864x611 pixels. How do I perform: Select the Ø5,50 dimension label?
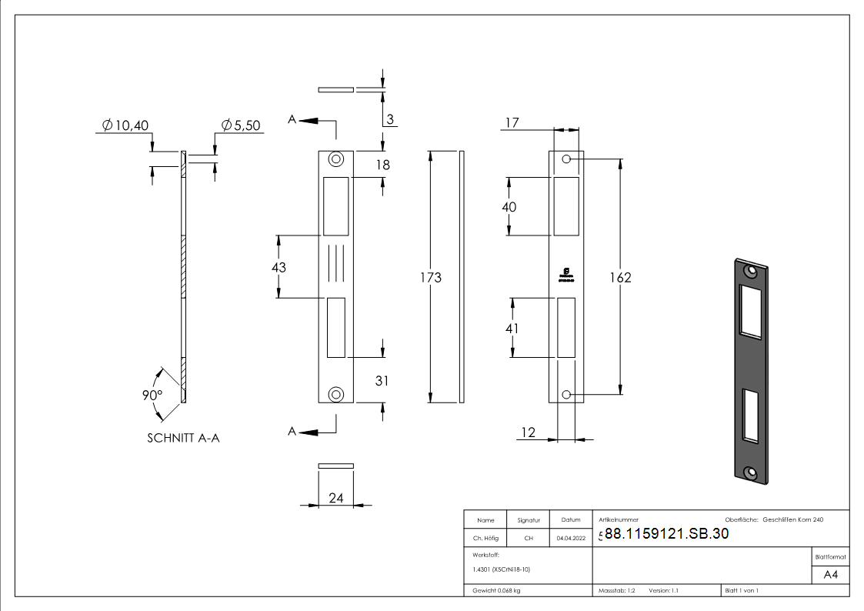pos(240,125)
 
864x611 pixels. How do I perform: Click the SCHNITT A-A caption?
pos(184,438)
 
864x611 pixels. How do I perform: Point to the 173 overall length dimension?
pos(431,277)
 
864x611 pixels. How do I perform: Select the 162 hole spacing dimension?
pos(619,277)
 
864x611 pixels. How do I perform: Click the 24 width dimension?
pos(335,498)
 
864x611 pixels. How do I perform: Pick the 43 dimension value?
pos(279,267)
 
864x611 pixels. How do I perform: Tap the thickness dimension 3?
pos(390,119)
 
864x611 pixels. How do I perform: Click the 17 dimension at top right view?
pos(512,123)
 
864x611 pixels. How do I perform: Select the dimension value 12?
pos(528,432)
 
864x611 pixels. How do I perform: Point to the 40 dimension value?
pos(509,207)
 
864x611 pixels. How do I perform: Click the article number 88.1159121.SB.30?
pos(666,534)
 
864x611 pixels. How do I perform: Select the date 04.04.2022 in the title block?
pos(571,539)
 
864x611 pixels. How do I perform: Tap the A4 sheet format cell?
pos(830,575)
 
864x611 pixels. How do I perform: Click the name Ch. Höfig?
pos(485,539)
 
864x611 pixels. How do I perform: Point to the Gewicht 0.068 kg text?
pos(496,590)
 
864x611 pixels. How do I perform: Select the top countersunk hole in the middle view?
pos(335,159)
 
